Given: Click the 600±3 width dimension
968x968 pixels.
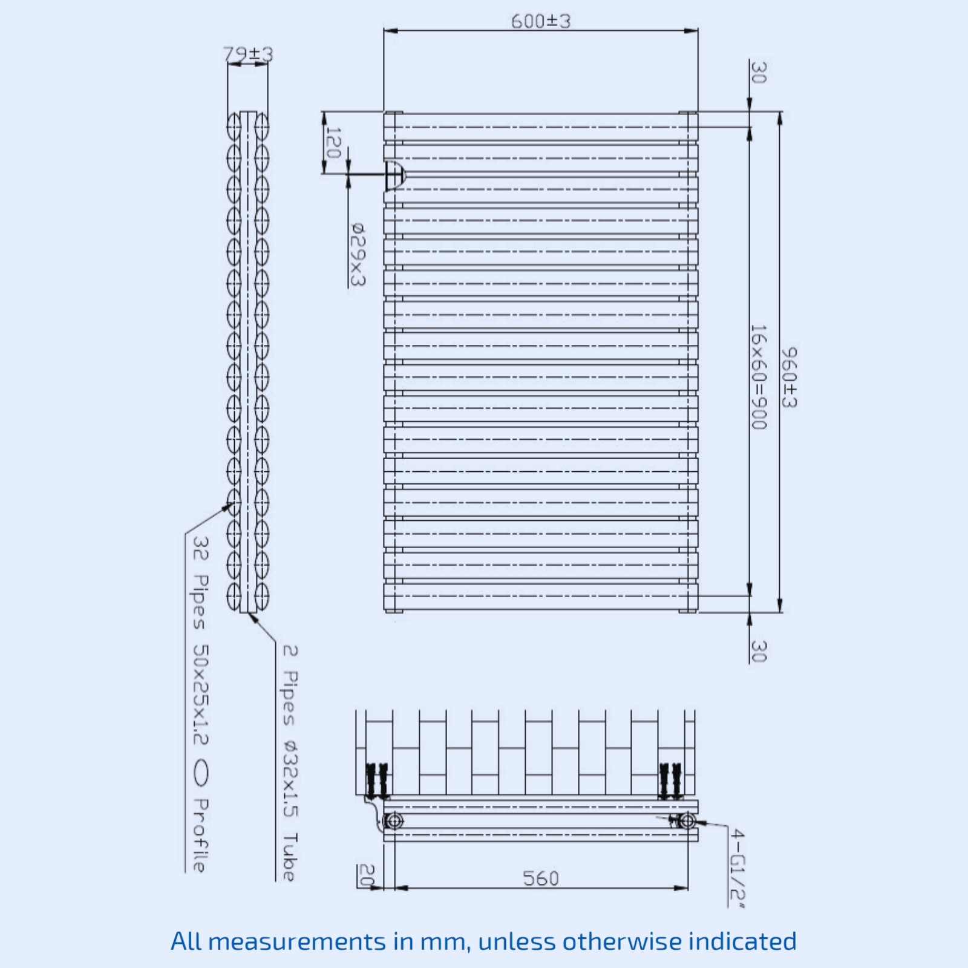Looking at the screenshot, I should point(540,21).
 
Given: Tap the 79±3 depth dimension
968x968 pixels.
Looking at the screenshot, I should point(248,54).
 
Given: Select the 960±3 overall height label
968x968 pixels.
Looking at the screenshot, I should point(789,378).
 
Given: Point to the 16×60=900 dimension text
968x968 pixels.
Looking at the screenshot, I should point(759,377).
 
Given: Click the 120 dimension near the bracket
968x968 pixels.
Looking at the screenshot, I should point(333,143).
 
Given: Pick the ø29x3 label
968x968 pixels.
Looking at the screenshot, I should point(358,254).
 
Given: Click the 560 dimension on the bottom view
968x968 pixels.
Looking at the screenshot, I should point(540,878).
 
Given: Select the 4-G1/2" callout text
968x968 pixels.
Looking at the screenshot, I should point(737,869).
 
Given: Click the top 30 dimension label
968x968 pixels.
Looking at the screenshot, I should point(759,73).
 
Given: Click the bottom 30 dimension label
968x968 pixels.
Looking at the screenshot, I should point(759,651).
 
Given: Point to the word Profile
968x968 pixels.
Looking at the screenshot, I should point(200,835).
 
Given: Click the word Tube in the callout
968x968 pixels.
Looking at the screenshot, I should point(290,857).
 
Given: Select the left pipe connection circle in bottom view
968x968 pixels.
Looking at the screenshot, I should point(394,821).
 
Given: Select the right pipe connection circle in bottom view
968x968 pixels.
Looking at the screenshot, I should point(687,821).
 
